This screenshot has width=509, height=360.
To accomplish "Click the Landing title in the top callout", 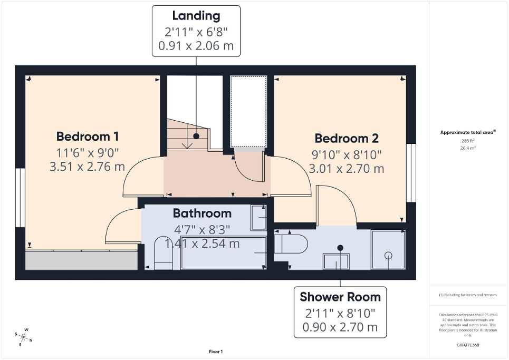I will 196,16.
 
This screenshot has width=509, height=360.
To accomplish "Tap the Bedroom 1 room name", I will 87,137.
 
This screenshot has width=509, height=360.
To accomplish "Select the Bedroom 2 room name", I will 347,139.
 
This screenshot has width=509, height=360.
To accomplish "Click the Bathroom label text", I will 202,213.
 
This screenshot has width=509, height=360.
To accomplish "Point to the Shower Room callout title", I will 340,297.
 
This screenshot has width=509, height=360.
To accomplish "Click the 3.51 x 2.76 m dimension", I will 87,167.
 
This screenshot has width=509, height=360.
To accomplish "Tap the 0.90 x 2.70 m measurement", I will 340,327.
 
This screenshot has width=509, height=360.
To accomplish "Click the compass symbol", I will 24,335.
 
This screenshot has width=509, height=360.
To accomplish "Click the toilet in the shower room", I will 292,244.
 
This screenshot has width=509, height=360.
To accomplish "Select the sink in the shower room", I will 336,261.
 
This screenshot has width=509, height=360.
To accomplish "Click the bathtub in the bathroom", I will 223,253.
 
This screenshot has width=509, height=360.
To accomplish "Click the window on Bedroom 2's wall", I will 411,172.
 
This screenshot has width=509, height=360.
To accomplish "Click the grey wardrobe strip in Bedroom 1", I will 81,260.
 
